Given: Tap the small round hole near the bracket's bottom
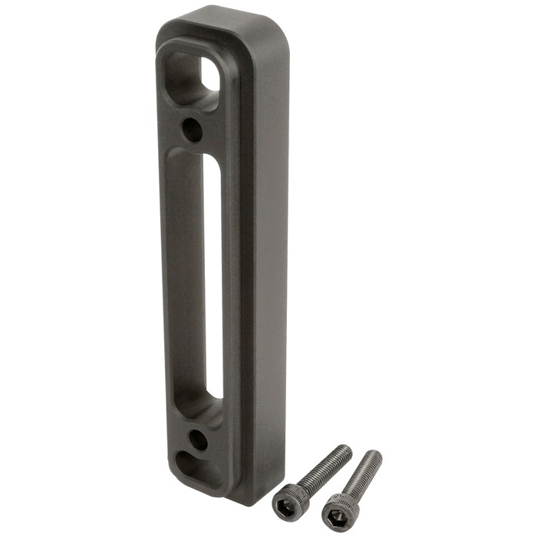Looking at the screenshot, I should coord(197,440).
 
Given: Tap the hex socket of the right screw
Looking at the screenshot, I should coord(332,508).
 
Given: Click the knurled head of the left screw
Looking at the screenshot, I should coord(291,497).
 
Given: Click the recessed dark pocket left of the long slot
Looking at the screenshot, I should coord(184,276).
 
